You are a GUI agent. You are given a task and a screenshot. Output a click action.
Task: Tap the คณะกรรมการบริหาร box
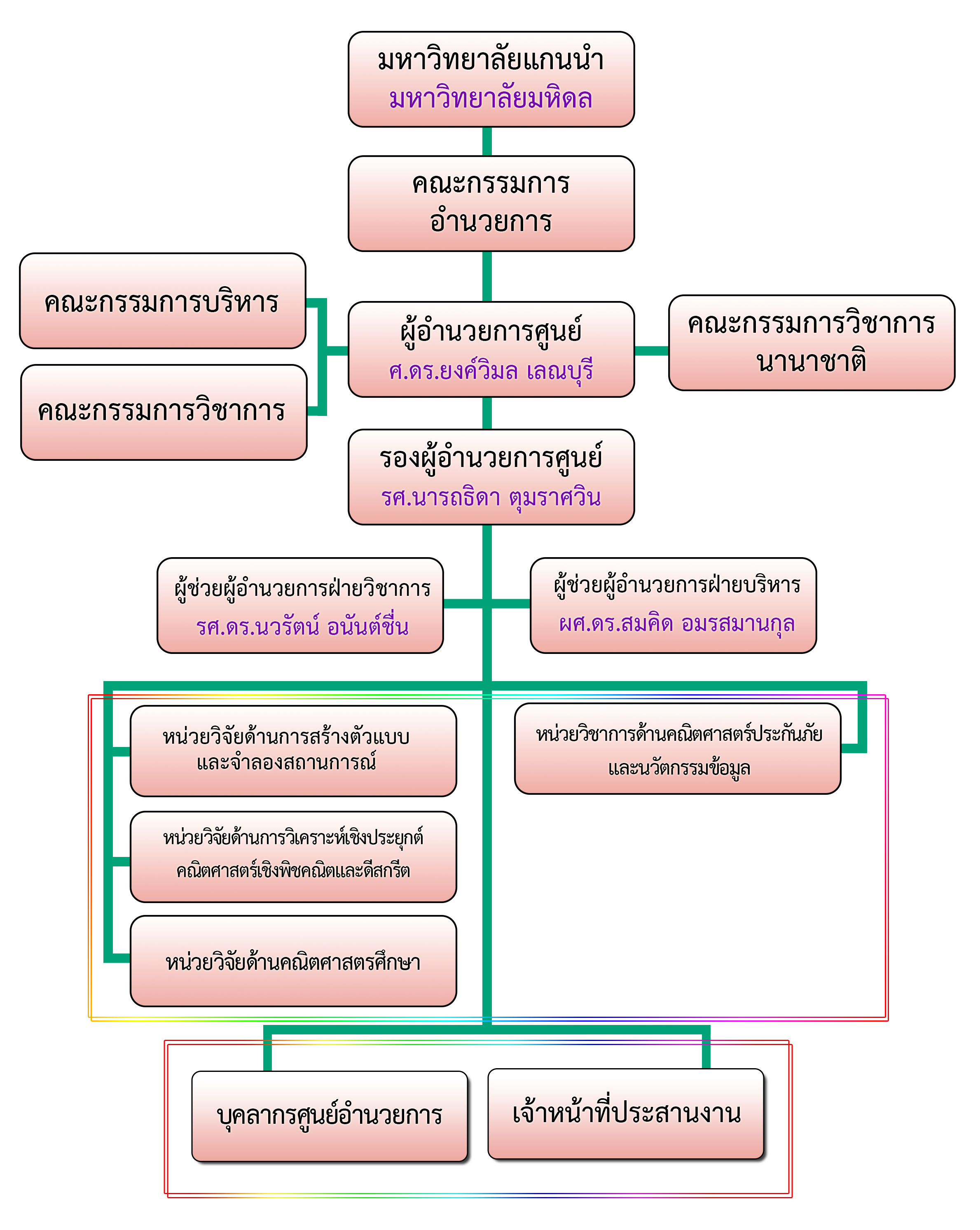(163, 301)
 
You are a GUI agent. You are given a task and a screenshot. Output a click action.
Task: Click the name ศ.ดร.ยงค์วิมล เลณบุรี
(491, 371)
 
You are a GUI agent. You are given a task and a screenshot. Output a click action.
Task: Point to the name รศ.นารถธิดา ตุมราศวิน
(491, 497)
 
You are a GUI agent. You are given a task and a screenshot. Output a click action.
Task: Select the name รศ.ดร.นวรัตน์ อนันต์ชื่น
(302, 626)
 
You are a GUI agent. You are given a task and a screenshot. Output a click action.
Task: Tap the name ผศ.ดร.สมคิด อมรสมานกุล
(676, 623)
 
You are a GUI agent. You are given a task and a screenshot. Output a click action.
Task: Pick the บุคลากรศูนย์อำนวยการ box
(329, 1116)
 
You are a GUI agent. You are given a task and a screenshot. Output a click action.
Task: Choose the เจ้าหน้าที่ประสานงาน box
(626, 1113)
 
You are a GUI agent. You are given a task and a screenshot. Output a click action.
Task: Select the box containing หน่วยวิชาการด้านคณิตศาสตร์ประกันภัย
(678, 749)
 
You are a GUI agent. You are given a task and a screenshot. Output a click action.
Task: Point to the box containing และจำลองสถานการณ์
(293, 751)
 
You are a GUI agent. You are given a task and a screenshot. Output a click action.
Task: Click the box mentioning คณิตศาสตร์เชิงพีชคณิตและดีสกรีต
(293, 857)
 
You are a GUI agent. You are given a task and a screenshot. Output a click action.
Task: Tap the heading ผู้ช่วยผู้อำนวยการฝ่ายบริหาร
(676, 585)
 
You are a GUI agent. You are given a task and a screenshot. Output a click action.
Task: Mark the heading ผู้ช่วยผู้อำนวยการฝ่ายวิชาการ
(302, 588)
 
